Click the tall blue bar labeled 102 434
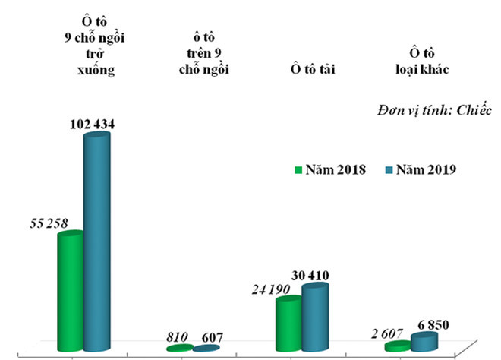pyautogui.click(x=96, y=242)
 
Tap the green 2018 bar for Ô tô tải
pyautogui.click(x=289, y=324)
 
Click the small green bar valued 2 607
pyautogui.click(x=399, y=346)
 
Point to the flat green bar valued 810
pyautogui.click(x=180, y=348)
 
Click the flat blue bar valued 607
pyautogui.click(x=206, y=348)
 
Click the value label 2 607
pyautogui.click(x=386, y=333)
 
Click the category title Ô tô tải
pyautogui.click(x=308, y=71)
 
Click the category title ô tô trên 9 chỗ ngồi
pyautogui.click(x=200, y=52)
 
